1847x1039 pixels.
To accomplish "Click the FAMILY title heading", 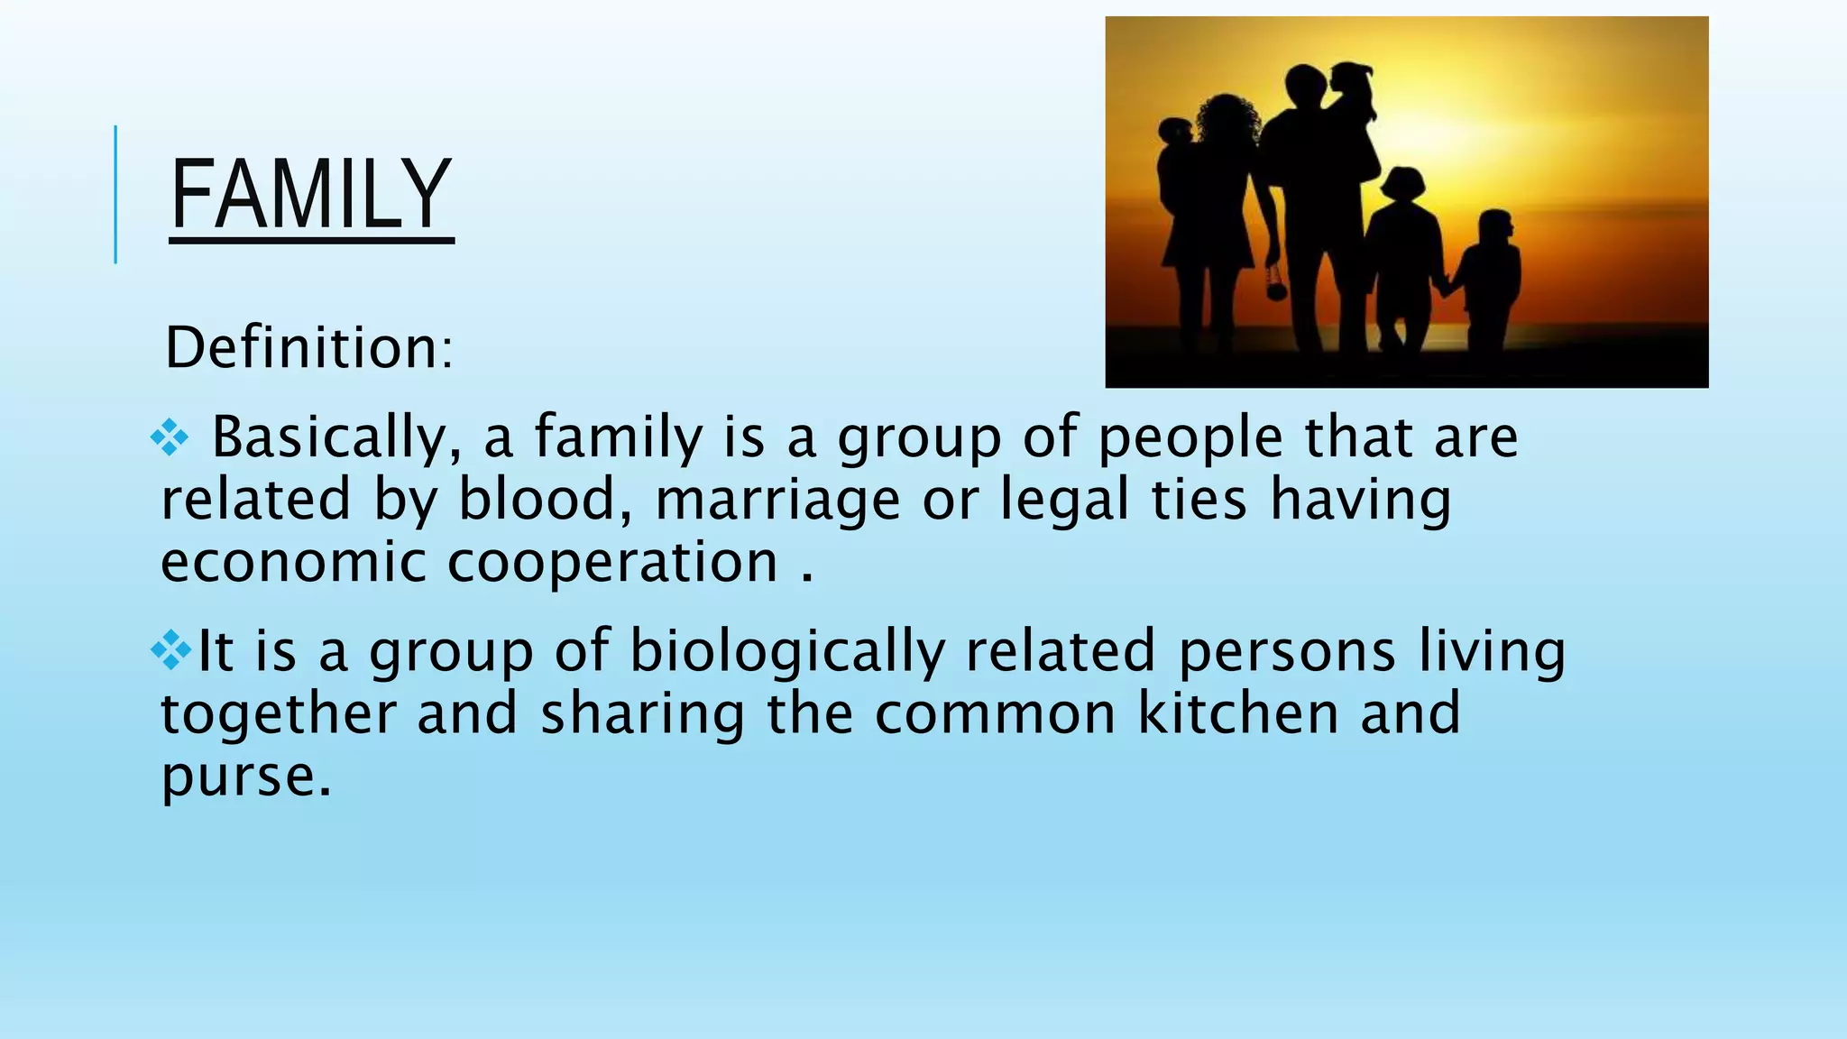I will click(310, 194).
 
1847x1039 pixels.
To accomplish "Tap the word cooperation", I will click(613, 564).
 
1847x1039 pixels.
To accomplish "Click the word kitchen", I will click(1238, 713).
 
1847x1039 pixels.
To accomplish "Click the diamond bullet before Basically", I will click(170, 439).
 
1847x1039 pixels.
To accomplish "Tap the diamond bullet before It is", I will click(171, 649).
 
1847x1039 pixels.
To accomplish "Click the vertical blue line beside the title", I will click(115, 195).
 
